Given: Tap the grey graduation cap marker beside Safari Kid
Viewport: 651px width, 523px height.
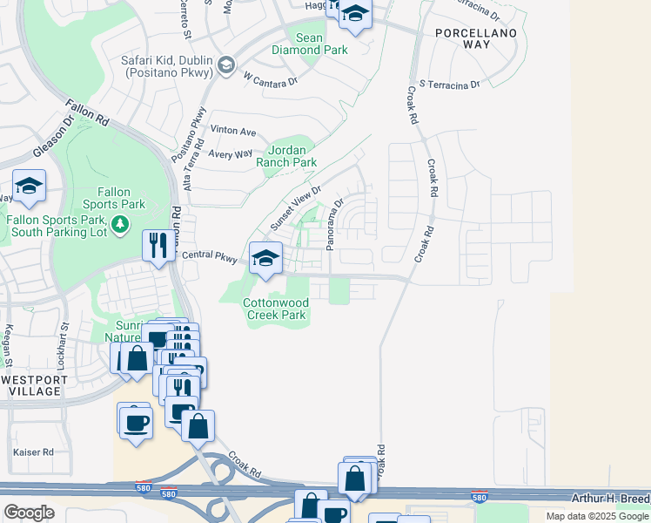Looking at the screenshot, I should click(x=226, y=65).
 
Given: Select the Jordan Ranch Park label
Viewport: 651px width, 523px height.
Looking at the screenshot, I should click(x=286, y=156).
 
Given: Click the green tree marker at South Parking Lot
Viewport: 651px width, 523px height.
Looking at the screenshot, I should click(x=121, y=226).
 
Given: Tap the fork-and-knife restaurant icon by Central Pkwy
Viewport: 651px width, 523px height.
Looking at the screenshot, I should click(x=158, y=244).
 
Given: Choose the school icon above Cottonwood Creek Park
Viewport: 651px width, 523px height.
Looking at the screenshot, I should click(x=265, y=257).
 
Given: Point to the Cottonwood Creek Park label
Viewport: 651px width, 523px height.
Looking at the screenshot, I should click(x=274, y=309).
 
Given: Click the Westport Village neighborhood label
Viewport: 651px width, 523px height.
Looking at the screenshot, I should click(x=31, y=385).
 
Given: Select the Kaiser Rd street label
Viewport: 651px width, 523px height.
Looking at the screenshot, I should click(x=37, y=452).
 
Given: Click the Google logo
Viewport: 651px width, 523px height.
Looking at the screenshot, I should click(x=29, y=512).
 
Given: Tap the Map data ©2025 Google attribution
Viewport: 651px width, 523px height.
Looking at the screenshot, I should click(x=597, y=516).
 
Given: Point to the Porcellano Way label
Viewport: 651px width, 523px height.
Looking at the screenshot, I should click(x=477, y=38).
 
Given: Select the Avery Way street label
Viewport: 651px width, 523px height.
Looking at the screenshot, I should click(x=231, y=153).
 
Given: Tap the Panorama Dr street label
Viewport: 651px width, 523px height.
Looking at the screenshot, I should click(x=336, y=224).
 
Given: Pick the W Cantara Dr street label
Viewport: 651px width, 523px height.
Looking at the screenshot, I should click(x=271, y=80).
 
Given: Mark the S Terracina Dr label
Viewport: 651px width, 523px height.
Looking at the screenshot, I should click(x=449, y=85).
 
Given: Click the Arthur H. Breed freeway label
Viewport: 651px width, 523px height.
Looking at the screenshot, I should click(x=610, y=498).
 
